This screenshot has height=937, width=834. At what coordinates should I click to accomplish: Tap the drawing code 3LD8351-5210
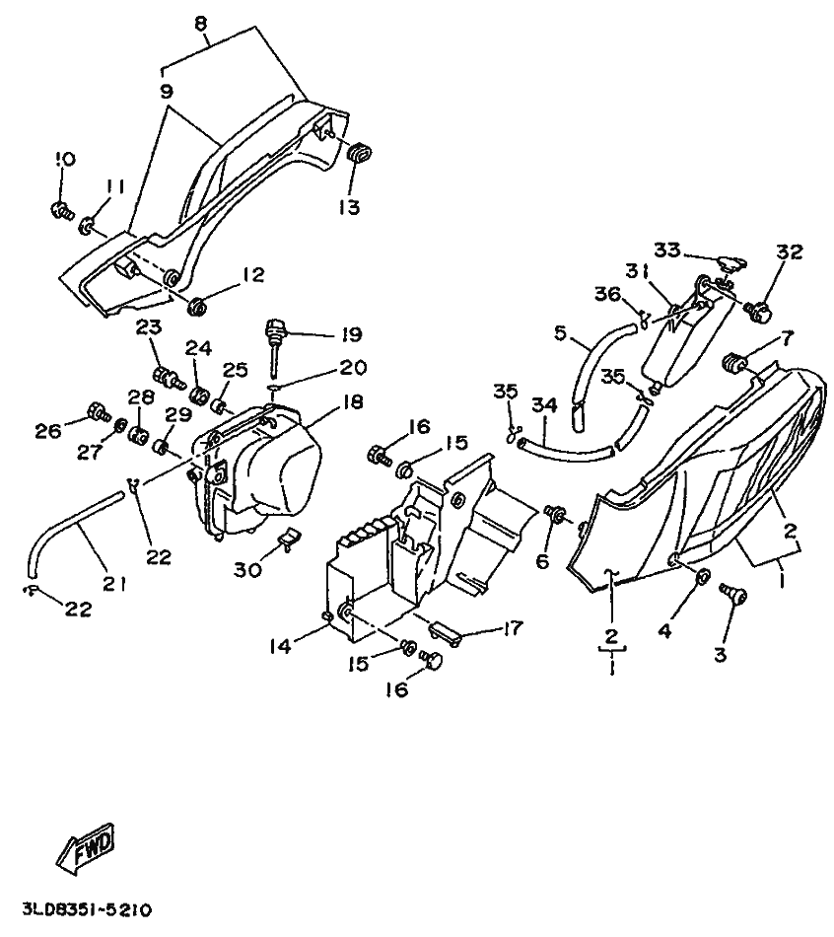pos(88,909)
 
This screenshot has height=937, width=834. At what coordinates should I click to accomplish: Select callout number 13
pos(348,207)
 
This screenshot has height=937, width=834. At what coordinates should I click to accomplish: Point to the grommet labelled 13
pos(357,151)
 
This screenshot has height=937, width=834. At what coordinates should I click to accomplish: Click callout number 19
pos(351,333)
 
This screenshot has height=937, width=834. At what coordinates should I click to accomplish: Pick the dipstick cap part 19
pos(274,349)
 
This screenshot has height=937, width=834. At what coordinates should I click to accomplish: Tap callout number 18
pos(353,402)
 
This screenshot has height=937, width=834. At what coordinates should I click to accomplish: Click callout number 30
pos(247,569)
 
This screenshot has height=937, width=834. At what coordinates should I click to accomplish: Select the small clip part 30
pos(288,539)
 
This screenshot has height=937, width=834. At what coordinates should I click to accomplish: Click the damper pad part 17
pos(444,633)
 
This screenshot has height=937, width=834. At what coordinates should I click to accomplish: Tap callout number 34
pos(544,405)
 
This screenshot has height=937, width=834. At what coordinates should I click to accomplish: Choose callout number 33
pos(666,250)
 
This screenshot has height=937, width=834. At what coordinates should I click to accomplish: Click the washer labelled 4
pos(703,576)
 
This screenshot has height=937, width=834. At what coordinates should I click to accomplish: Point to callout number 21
pos(113,583)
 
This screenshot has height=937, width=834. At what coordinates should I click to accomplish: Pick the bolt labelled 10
pos(60,210)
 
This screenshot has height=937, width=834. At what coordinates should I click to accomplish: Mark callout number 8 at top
pos(200,24)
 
